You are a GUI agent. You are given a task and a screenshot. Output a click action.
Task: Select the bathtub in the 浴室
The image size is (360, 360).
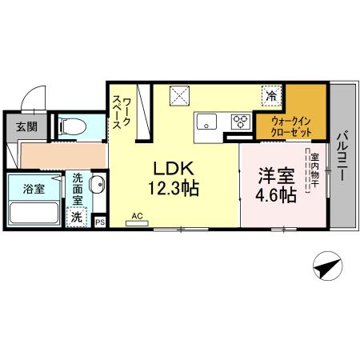(33, 214)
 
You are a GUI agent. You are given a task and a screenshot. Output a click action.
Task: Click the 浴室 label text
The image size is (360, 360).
(33, 190)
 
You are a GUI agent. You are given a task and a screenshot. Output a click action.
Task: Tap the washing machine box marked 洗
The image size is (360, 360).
(78, 216)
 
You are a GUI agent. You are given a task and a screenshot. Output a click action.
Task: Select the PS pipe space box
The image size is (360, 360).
(101, 222)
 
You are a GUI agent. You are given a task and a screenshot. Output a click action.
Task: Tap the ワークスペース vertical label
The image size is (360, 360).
(122, 109)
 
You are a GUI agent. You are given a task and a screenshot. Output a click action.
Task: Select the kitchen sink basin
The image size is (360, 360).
(206, 122)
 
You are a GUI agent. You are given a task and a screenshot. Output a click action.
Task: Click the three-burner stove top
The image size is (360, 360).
(239, 122)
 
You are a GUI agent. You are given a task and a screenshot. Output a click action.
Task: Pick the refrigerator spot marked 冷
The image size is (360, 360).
(272, 96)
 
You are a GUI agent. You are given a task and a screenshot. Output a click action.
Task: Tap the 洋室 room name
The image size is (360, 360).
(273, 174)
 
